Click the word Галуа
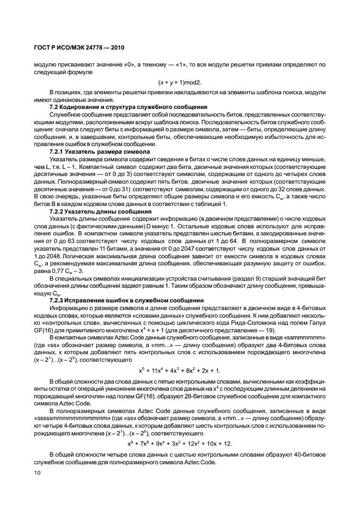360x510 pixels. tap(317, 323)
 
